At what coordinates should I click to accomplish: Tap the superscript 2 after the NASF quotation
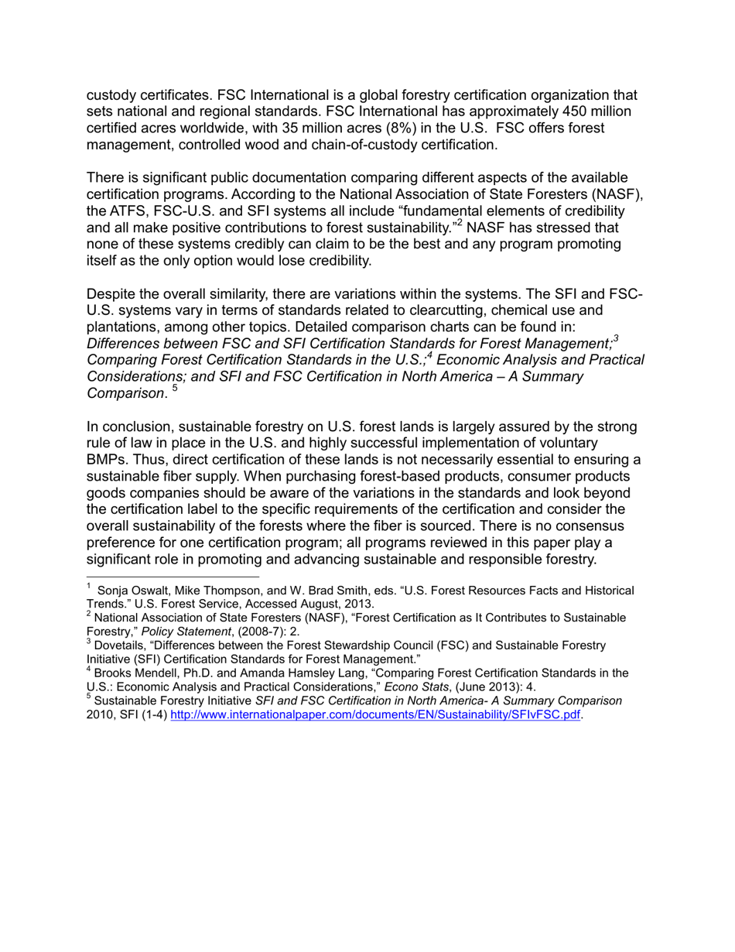click(459, 223)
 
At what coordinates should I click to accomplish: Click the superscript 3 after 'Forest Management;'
click(616, 337)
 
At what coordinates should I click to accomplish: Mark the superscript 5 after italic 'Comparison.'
click(175, 388)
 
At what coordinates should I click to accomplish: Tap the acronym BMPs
click(106, 460)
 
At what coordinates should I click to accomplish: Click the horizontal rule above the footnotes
click(173, 577)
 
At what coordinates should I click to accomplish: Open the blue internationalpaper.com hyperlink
click(374, 714)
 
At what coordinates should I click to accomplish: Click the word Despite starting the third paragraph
click(111, 294)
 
